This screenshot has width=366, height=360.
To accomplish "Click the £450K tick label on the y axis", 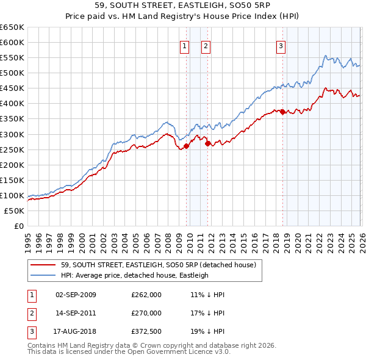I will coord(12,88).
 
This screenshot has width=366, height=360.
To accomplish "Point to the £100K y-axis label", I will coord(12,196).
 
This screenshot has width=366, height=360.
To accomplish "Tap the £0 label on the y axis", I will coord(18,226).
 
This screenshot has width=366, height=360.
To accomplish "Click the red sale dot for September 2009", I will coord(186,145).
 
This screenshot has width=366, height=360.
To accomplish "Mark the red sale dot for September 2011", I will coord(208,143).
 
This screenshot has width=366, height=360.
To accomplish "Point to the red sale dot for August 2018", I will coord(283,111).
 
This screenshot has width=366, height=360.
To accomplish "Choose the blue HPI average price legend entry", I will coord(135,275).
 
